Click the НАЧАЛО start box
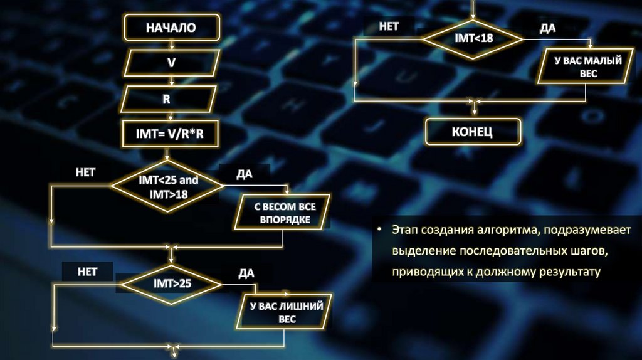(171, 28)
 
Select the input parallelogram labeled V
(171, 63)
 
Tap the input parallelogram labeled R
(167, 99)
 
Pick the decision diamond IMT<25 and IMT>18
(167, 186)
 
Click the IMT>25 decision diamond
(172, 283)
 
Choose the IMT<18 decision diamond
(473, 38)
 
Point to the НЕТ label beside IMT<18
(389, 26)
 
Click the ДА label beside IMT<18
(547, 28)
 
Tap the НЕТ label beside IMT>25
(87, 272)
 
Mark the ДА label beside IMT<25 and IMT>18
(244, 174)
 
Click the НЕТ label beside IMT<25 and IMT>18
(85, 172)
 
